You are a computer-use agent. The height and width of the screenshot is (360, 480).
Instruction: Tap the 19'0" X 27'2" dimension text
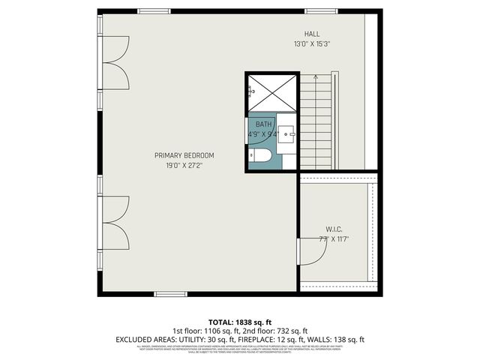(x=184, y=165)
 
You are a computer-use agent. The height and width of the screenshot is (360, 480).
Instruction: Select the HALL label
(x=312, y=34)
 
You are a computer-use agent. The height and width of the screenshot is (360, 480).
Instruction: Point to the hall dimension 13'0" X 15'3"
(x=312, y=44)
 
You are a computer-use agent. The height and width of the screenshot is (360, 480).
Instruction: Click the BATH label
(x=263, y=124)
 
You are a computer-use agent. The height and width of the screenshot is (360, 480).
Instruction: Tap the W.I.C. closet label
(x=334, y=229)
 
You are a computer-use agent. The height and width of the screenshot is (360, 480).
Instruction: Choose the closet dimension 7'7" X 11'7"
(x=334, y=239)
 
